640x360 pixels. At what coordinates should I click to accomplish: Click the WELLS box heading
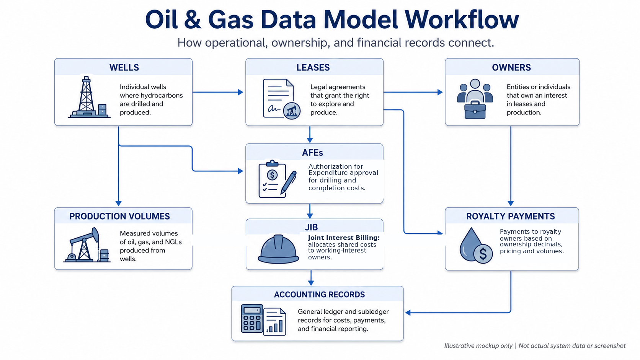tap(124, 67)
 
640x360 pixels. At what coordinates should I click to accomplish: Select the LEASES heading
tap(313, 67)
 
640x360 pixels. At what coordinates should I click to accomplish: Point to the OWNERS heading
tap(511, 67)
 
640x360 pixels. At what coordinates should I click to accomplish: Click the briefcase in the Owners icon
tap(475, 110)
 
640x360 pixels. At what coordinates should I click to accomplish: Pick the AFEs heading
tap(313, 153)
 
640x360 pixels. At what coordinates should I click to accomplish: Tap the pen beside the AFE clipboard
tap(289, 182)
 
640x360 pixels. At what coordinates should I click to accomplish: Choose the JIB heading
tap(312, 227)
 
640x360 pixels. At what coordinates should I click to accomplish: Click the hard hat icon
tap(278, 249)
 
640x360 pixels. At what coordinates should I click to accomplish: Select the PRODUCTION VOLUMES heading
tap(120, 217)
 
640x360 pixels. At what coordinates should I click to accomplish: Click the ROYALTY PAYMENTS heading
tap(511, 217)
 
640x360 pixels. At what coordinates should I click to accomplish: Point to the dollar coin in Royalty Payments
tap(483, 253)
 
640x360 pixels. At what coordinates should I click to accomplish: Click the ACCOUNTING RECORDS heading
tap(320, 295)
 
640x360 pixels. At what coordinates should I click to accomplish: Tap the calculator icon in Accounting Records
tap(252, 319)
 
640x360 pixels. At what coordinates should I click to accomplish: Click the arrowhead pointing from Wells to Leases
tap(240, 92)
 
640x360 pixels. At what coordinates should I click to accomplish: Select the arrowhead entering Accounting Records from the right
tap(408, 313)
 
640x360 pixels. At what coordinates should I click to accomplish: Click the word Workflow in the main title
tap(461, 20)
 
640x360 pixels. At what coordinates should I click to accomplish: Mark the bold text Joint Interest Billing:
tap(344, 238)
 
